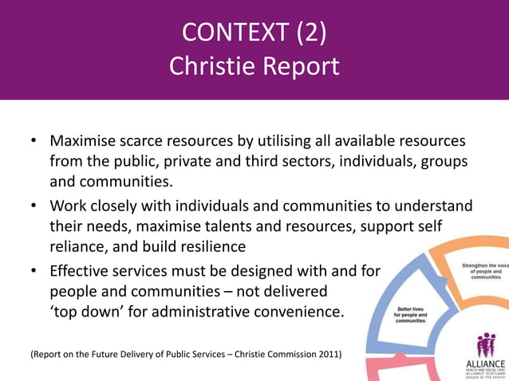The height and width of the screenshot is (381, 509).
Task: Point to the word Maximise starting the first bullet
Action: [86, 141]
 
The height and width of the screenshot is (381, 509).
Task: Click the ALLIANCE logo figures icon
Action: [485, 346]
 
